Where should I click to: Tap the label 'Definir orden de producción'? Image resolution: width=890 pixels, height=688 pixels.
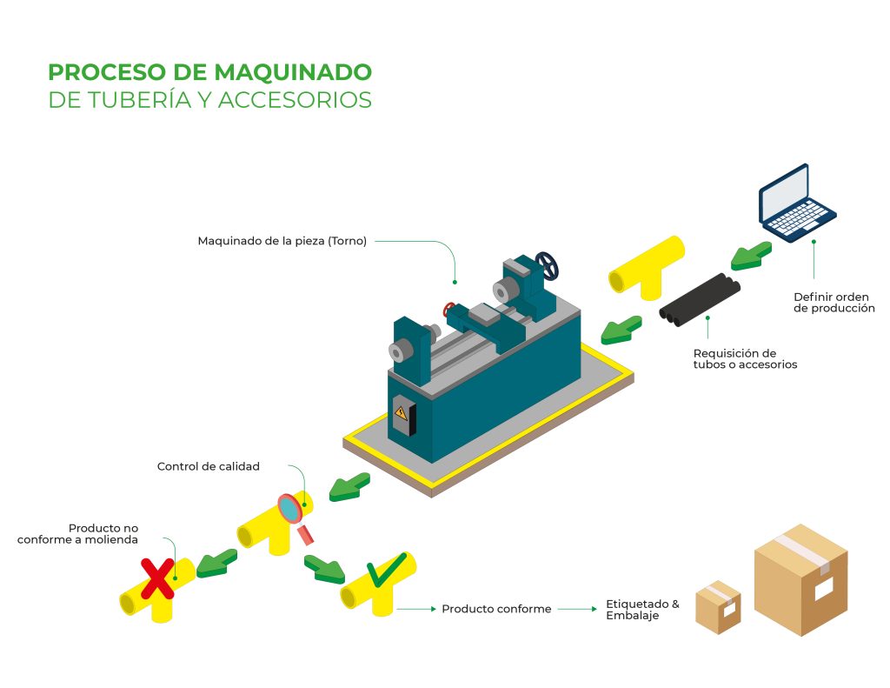point(834,302)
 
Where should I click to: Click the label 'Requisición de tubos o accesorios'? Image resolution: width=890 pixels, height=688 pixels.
point(745,358)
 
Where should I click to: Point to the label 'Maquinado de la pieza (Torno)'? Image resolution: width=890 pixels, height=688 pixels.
point(282,241)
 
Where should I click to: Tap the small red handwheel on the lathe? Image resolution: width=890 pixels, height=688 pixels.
point(449,309)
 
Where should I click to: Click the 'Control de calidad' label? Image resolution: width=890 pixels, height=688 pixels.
point(209,466)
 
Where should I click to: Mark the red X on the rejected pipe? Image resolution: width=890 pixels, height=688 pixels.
point(157,578)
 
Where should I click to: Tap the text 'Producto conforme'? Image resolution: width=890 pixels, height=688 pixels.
point(496,609)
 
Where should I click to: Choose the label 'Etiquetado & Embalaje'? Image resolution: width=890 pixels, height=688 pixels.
point(642,609)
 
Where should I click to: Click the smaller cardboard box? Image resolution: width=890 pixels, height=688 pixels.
point(718,606)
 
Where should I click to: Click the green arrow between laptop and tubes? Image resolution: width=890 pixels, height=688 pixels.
point(750,254)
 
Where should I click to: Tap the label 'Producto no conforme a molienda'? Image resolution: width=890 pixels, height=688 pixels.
point(77,534)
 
